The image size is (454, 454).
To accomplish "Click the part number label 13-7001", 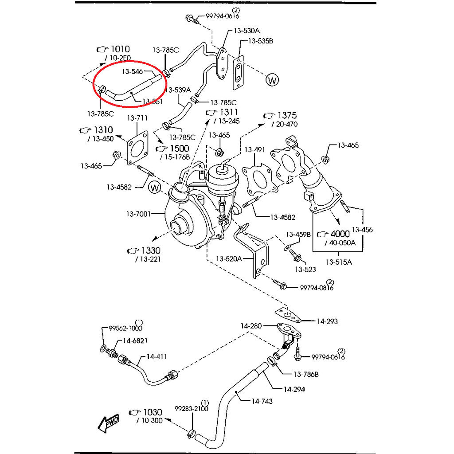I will coord(139,214).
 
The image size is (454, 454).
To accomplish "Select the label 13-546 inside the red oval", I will coord(132,71).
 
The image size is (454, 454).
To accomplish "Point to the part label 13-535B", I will coord(260,41).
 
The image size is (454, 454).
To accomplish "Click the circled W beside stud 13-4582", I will coord(155,188).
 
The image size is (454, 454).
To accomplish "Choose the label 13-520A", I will coord(229,258).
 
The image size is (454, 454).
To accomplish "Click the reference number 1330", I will coord(151,250).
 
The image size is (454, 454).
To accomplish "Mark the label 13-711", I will coord(137,118).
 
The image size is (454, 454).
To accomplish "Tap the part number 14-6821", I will coord(135,340).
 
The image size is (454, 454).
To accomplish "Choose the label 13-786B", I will coord(305,375).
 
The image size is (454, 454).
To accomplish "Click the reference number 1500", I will coord(179,148).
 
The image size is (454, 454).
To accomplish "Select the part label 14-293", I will coord(327,321).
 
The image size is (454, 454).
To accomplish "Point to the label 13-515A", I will coord(339,262).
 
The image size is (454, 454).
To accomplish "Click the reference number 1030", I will coord(152,412).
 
